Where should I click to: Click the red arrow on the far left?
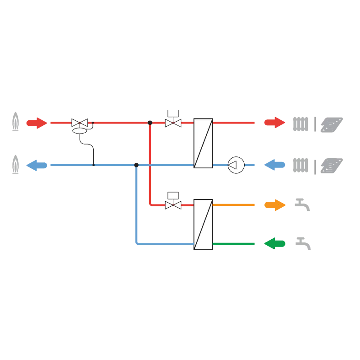[x=37, y=123]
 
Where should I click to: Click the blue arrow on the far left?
[x=37, y=165]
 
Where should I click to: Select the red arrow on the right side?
[x=274, y=122]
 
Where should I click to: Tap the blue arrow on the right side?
[x=274, y=165]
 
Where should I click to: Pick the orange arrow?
[x=274, y=204]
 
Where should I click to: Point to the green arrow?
[x=274, y=243]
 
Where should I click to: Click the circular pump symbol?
[x=236, y=165]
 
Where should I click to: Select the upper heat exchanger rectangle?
[x=204, y=143]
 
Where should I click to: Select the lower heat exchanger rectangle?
[x=204, y=224]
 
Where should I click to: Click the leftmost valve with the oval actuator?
[x=80, y=123]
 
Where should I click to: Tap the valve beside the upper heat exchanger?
[x=173, y=123]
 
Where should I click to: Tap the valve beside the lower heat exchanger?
[x=173, y=205]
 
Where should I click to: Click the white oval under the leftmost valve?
[x=80, y=131]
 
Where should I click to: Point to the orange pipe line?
[x=234, y=204]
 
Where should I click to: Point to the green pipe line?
[x=234, y=243]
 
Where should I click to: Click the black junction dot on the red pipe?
[x=150, y=122]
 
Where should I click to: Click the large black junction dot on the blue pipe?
[x=136, y=164]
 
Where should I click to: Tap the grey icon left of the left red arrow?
[x=16, y=121]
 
